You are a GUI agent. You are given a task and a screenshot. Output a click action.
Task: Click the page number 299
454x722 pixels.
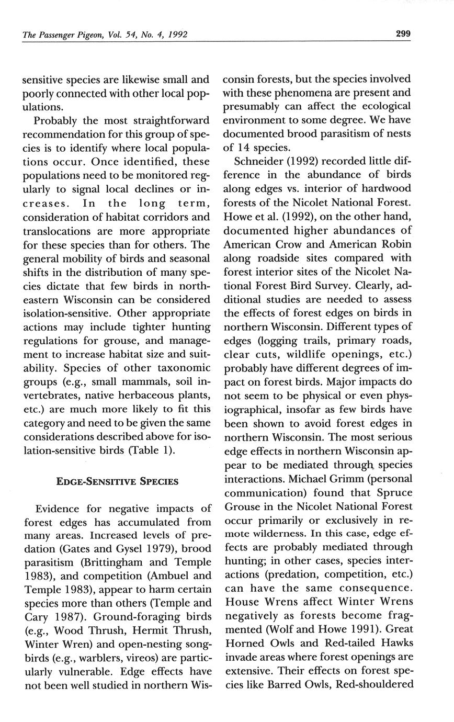(403, 34)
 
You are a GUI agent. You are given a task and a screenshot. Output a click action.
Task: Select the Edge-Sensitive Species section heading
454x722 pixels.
(117, 481)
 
